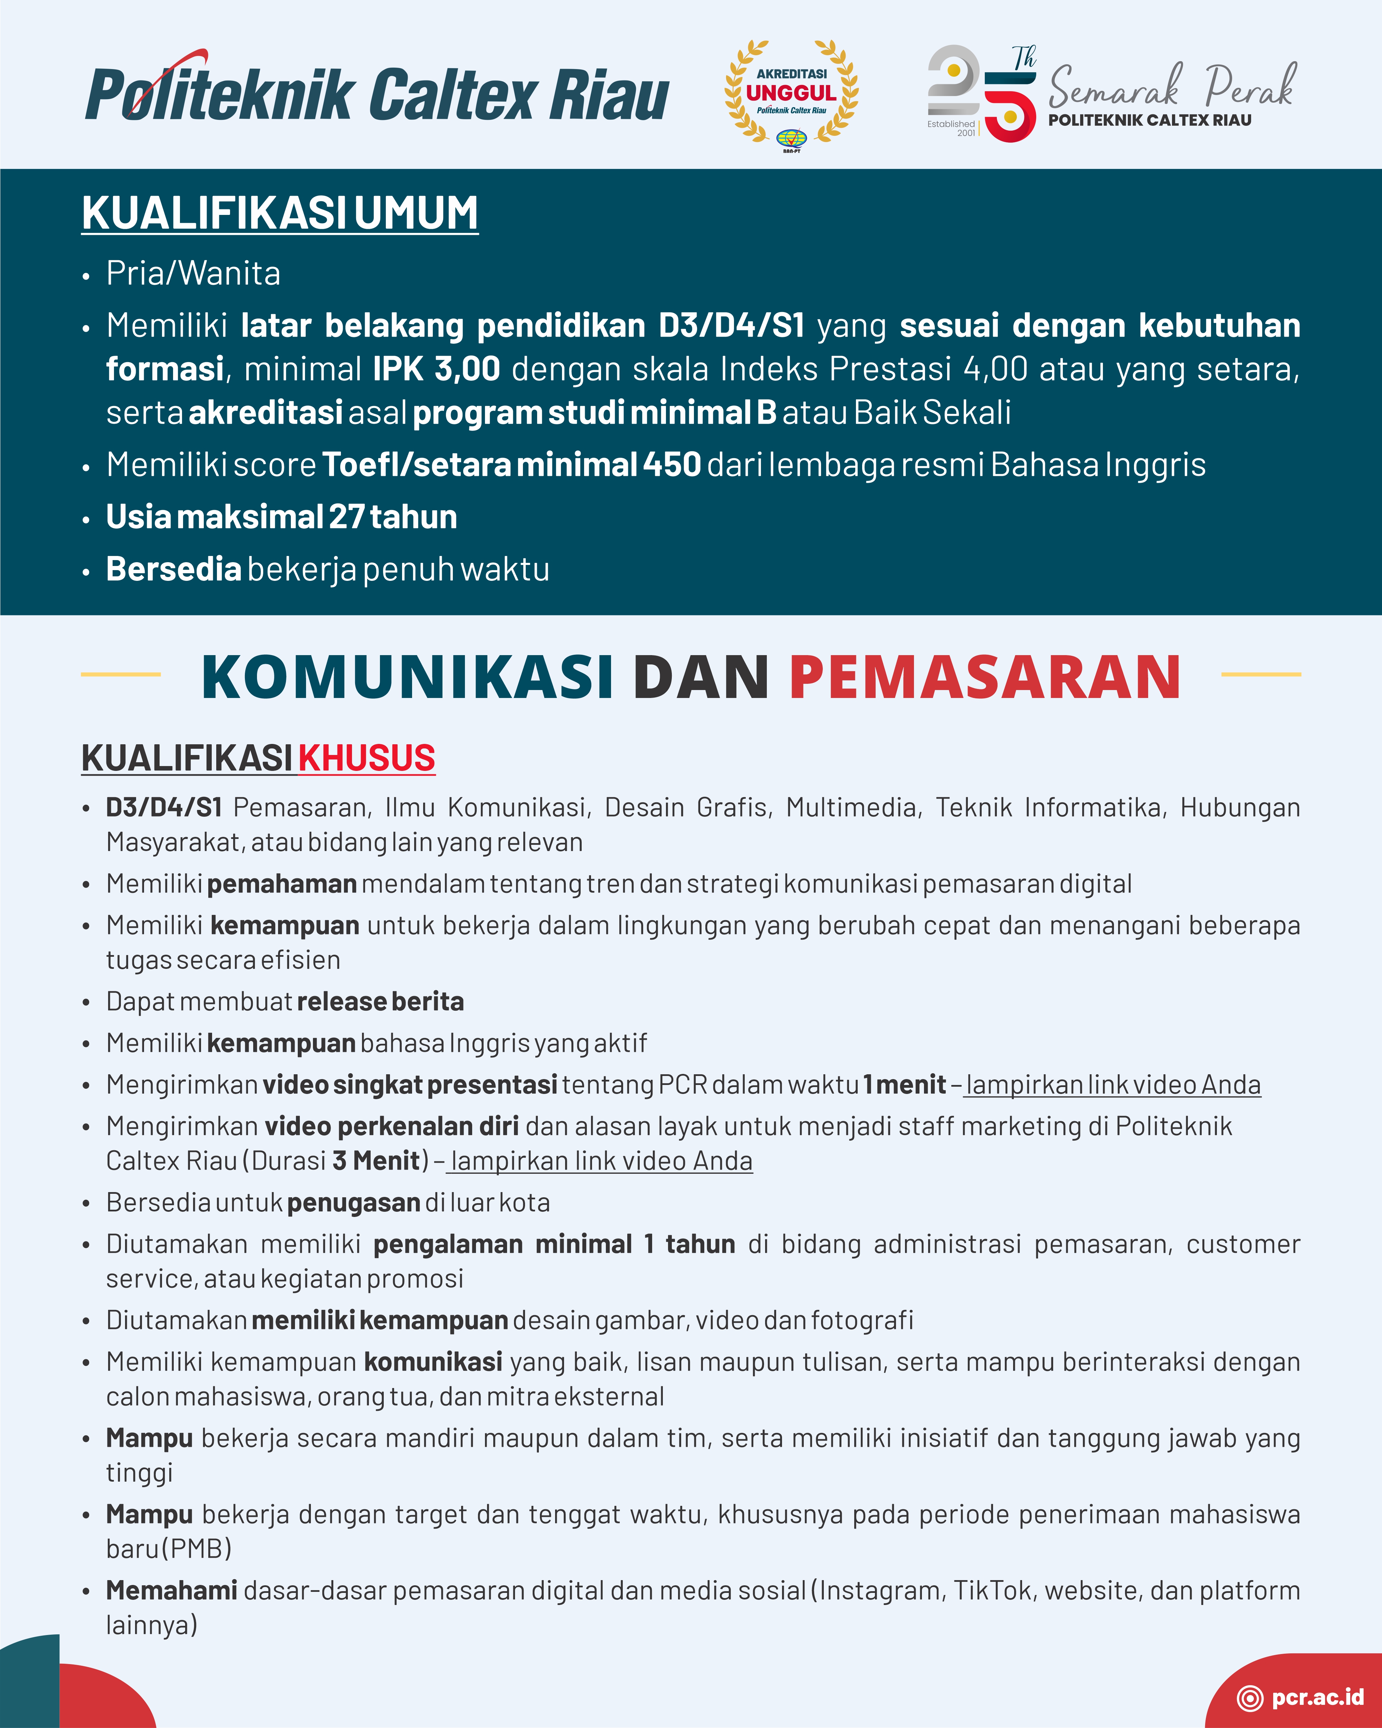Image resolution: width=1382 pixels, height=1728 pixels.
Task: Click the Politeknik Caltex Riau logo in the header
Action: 377,95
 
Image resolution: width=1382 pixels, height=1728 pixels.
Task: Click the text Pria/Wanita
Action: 193,273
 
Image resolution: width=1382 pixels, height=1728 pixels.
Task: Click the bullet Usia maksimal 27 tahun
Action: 281,517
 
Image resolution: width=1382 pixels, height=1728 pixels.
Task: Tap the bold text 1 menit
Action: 905,1084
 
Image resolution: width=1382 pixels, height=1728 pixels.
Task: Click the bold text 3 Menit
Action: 376,1161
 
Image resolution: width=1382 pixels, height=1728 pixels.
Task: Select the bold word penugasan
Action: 353,1202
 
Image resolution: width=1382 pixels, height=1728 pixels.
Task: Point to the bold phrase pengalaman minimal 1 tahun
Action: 554,1244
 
